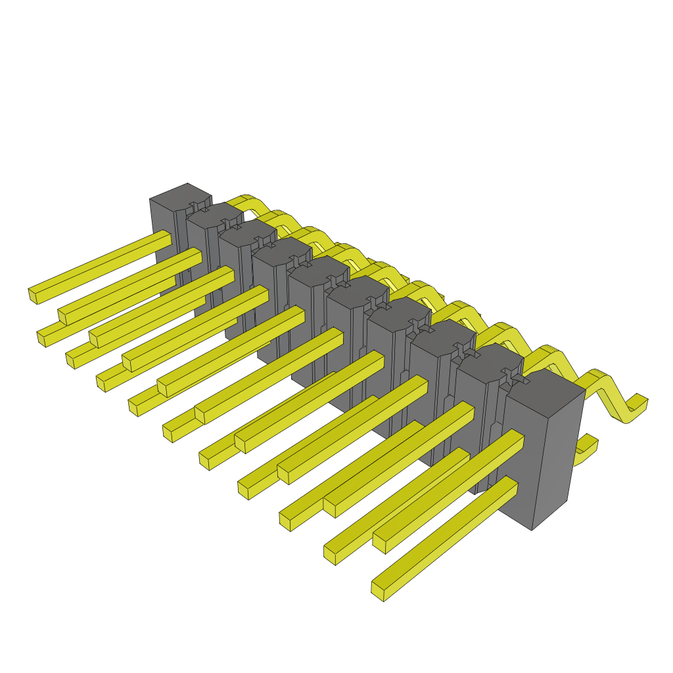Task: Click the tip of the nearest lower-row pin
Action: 378,591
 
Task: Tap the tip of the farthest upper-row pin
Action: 33,296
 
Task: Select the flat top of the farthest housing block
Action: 180,195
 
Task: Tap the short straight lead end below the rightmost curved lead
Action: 588,448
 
